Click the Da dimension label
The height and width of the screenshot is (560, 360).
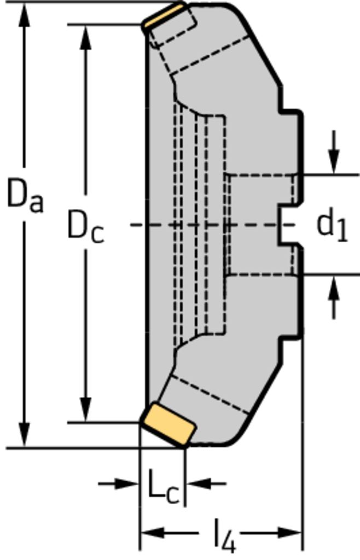(25, 197)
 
